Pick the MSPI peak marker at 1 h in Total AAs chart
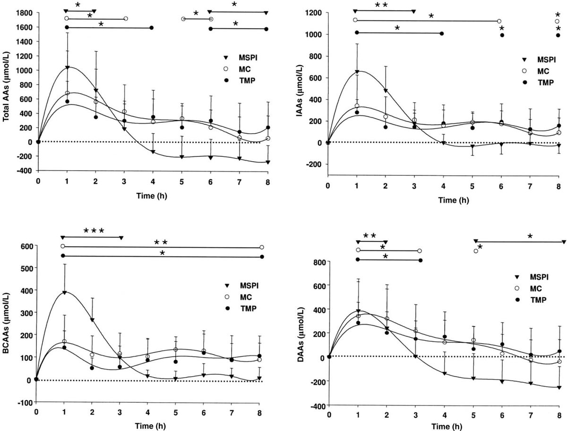(68, 68)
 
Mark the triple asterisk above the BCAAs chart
(94, 231)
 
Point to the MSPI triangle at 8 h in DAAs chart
(559, 388)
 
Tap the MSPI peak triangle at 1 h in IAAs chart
(356, 72)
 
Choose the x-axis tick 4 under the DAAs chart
(445, 414)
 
